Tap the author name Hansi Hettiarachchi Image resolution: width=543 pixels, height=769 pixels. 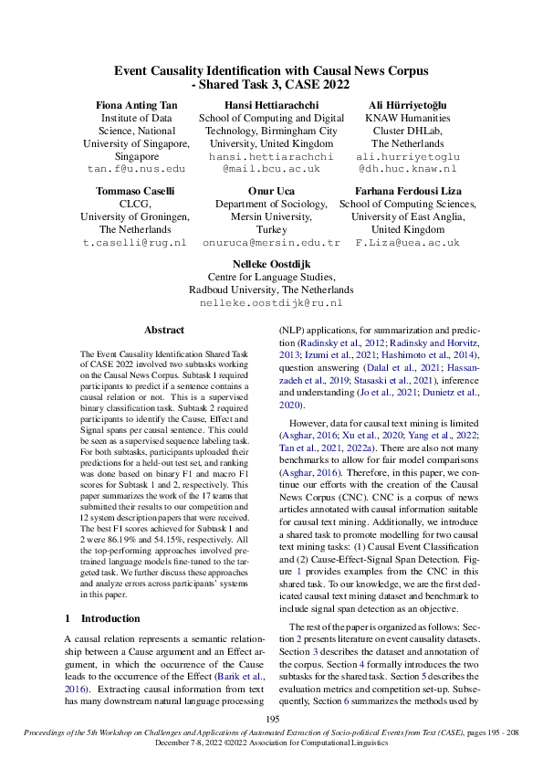pos(271,105)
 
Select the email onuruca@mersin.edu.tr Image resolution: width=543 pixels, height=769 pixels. pos(271,244)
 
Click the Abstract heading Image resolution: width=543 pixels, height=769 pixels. pos(164,330)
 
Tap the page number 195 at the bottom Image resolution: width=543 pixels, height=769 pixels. pos(271,721)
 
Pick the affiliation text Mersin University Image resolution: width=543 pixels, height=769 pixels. pos(271,217)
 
